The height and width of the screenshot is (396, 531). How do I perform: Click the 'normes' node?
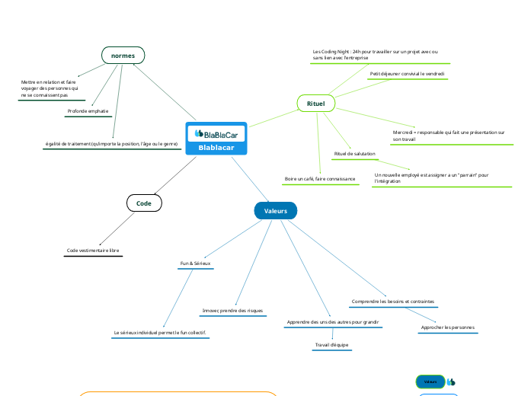click(123, 56)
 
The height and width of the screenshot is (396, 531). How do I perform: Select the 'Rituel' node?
click(315, 103)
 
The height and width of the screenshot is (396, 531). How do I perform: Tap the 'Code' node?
click(144, 203)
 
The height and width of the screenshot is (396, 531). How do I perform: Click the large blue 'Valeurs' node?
click(275, 210)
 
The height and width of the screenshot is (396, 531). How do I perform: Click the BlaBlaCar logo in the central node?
click(216, 133)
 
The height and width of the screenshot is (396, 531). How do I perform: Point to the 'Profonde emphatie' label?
click(88, 111)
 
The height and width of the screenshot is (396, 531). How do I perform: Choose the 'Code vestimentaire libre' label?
click(93, 250)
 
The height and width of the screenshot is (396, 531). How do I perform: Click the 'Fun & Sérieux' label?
click(195, 263)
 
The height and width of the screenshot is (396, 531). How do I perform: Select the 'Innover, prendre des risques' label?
click(232, 311)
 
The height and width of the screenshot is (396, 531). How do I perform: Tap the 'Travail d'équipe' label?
click(331, 345)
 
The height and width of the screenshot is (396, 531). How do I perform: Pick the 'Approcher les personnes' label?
click(448, 327)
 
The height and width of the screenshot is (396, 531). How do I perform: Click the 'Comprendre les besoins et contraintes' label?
click(392, 302)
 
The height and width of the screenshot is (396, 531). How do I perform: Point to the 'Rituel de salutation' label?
click(354, 154)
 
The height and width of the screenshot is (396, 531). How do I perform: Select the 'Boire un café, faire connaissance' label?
click(320, 178)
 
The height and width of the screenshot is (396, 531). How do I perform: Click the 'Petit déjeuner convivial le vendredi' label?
click(408, 74)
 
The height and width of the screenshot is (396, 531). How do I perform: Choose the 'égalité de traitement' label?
click(111, 143)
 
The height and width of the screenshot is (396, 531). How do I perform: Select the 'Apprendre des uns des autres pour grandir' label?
click(332, 322)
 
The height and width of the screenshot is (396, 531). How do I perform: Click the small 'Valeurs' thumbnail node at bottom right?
click(430, 381)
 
